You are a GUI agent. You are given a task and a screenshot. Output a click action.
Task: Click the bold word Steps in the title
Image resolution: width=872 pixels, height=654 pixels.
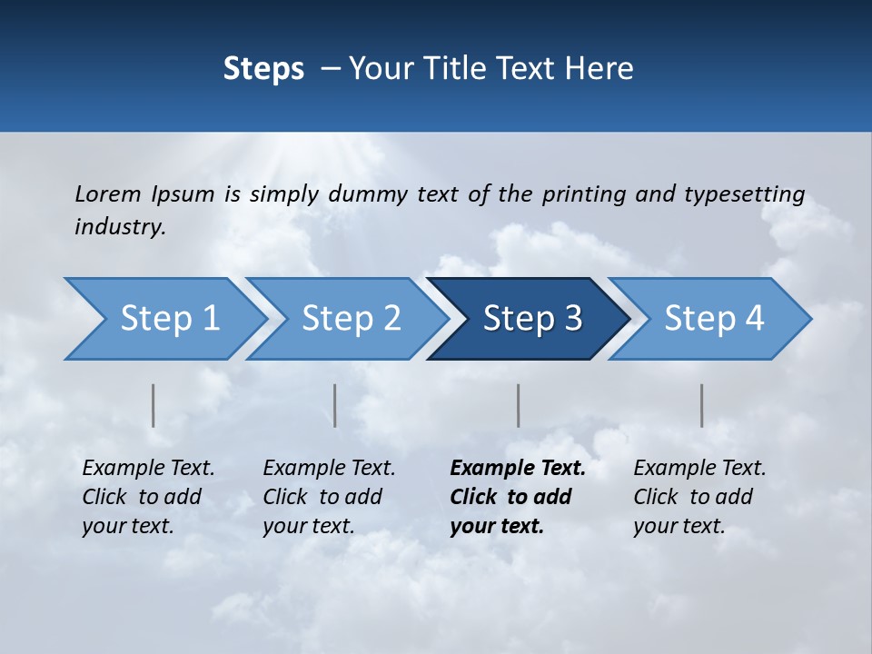(263, 69)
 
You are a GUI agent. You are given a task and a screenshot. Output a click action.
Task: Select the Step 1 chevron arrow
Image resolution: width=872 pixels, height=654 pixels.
(163, 319)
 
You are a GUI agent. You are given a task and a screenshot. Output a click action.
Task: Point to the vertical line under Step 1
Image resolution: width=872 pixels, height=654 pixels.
(154, 405)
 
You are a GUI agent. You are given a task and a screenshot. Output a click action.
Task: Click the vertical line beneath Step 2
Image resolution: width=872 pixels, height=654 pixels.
(335, 405)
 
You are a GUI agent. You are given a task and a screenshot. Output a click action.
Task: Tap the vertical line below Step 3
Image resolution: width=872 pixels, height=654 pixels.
(519, 405)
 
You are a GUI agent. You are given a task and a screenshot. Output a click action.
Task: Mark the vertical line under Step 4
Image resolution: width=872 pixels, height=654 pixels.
(702, 405)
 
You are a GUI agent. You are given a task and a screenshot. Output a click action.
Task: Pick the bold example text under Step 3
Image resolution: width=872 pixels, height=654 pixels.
(517, 497)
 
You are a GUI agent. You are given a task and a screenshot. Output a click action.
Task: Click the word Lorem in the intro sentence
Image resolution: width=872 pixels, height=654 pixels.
(107, 194)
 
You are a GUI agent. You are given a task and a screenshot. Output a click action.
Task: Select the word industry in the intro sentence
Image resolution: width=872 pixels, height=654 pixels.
(119, 227)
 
